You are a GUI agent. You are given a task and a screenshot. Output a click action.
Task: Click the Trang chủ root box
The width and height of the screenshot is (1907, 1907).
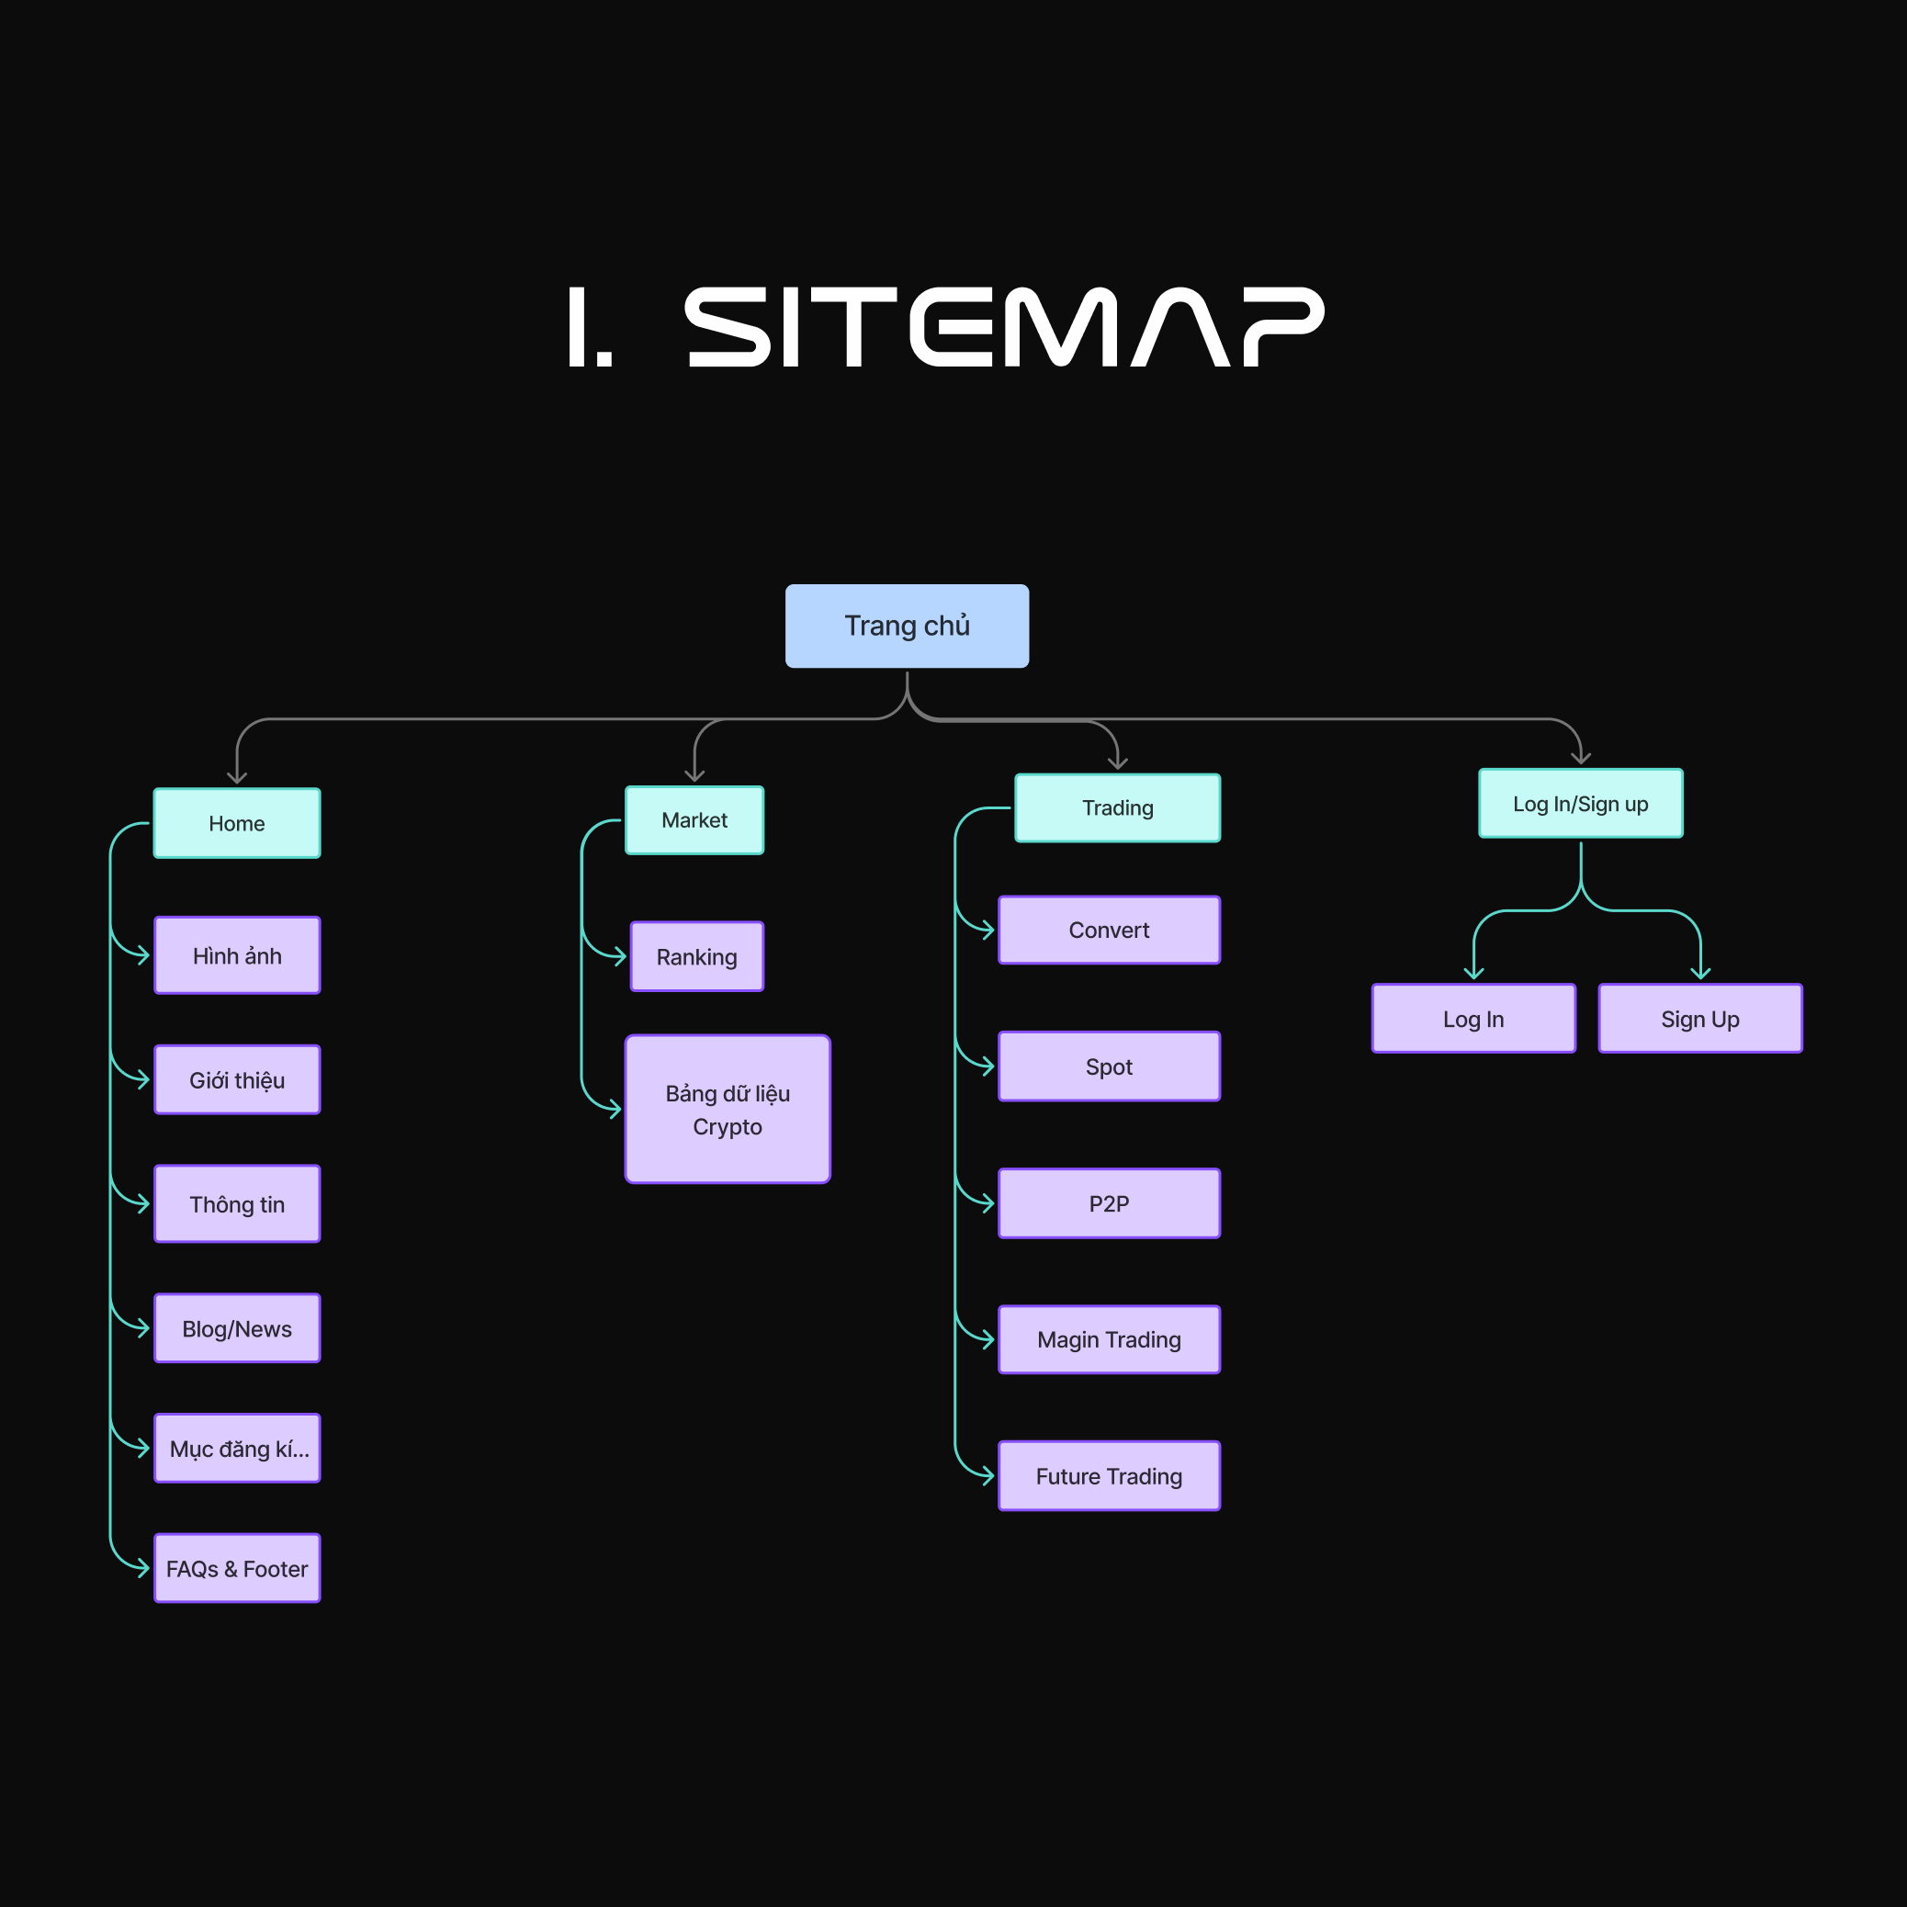coord(907,626)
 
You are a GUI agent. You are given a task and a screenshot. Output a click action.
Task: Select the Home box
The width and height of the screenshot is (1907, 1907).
coord(237,823)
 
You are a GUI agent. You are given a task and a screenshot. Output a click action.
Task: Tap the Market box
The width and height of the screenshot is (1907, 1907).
coord(694,820)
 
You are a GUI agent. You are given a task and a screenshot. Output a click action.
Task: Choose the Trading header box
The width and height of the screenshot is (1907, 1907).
coord(1117,807)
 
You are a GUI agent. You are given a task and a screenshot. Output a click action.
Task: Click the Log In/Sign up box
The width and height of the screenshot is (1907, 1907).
coord(1580,804)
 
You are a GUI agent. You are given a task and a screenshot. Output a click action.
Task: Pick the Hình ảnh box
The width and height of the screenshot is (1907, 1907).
coord(237,955)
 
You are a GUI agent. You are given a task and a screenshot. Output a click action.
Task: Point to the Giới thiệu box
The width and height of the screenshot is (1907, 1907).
coord(237,1080)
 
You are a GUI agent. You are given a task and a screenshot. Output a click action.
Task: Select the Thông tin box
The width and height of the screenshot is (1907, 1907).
coord(237,1204)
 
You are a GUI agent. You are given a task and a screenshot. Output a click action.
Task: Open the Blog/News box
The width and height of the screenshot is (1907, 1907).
coord(237,1328)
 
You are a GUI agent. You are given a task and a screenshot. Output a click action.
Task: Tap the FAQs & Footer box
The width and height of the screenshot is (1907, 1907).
coord(237,1568)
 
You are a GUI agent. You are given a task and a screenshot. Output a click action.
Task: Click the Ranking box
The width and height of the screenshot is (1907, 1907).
coord(697,956)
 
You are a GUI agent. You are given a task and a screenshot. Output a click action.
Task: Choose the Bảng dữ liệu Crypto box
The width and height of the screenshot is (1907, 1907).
coord(728,1110)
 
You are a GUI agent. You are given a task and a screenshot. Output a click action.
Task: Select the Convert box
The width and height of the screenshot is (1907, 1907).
coord(1109,930)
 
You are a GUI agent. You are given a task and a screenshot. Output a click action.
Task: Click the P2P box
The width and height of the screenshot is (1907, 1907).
coord(1109,1203)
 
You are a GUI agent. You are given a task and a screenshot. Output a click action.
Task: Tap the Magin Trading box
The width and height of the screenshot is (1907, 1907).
coord(1109,1339)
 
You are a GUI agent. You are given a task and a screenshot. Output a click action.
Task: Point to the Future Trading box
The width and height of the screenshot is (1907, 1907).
coord(1109,1475)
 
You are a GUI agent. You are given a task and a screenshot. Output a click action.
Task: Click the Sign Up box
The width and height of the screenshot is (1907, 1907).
coord(1699,1019)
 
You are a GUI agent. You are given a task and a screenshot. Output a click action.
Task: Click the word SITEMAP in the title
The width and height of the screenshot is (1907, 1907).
coord(1004,328)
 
